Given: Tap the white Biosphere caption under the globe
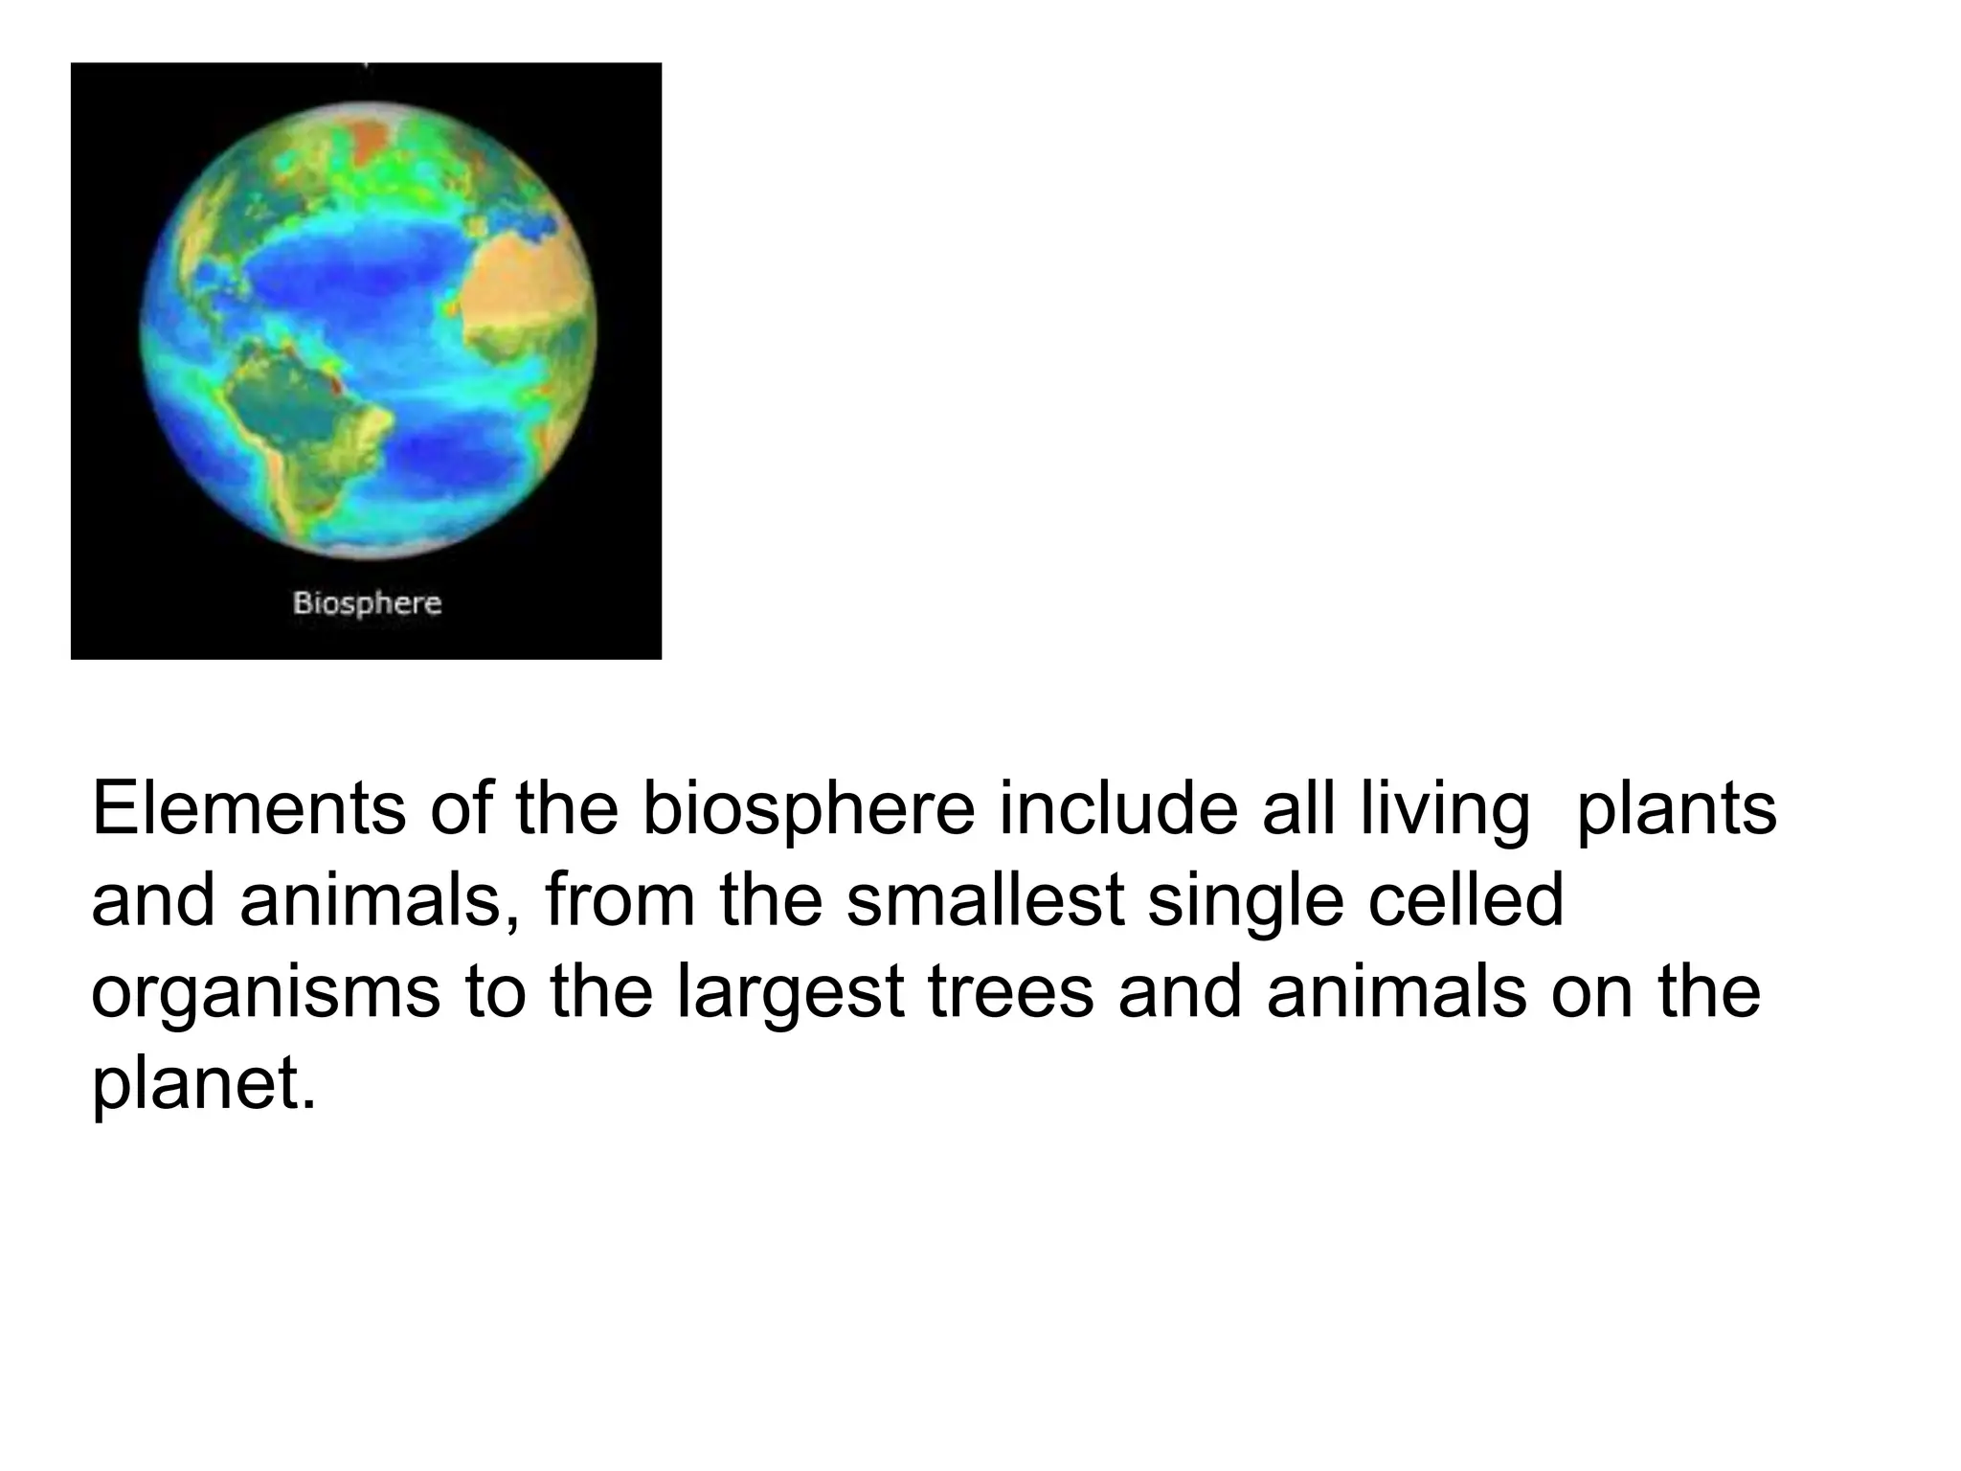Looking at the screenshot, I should (x=367, y=603).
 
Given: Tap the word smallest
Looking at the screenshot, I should (x=984, y=900).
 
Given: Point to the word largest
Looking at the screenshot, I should (x=790, y=993).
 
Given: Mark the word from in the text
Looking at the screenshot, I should (x=620, y=900).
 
